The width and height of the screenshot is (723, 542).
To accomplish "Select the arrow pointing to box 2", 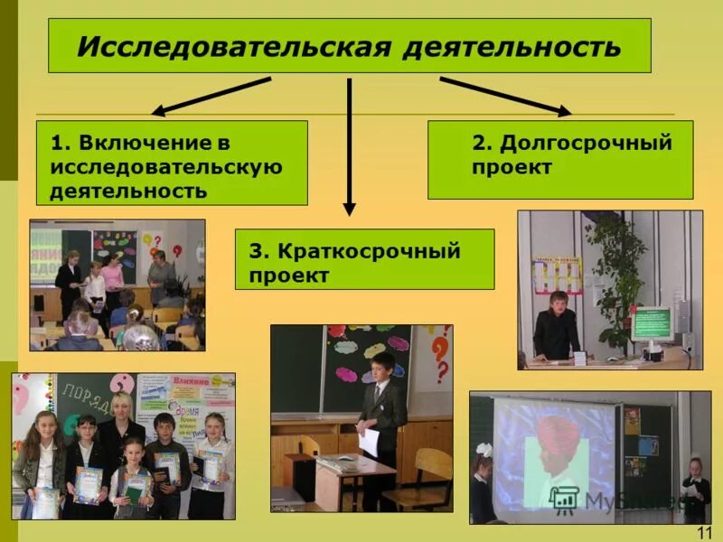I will click(x=506, y=96).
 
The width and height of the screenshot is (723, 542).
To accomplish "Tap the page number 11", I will click(x=705, y=532).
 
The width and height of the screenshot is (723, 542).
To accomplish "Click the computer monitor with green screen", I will click(x=652, y=322).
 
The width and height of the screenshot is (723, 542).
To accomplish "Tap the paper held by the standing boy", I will click(x=368, y=442).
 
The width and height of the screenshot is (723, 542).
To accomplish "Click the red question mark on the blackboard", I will click(x=439, y=356).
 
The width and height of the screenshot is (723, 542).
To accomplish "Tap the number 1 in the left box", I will click(x=56, y=143).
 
